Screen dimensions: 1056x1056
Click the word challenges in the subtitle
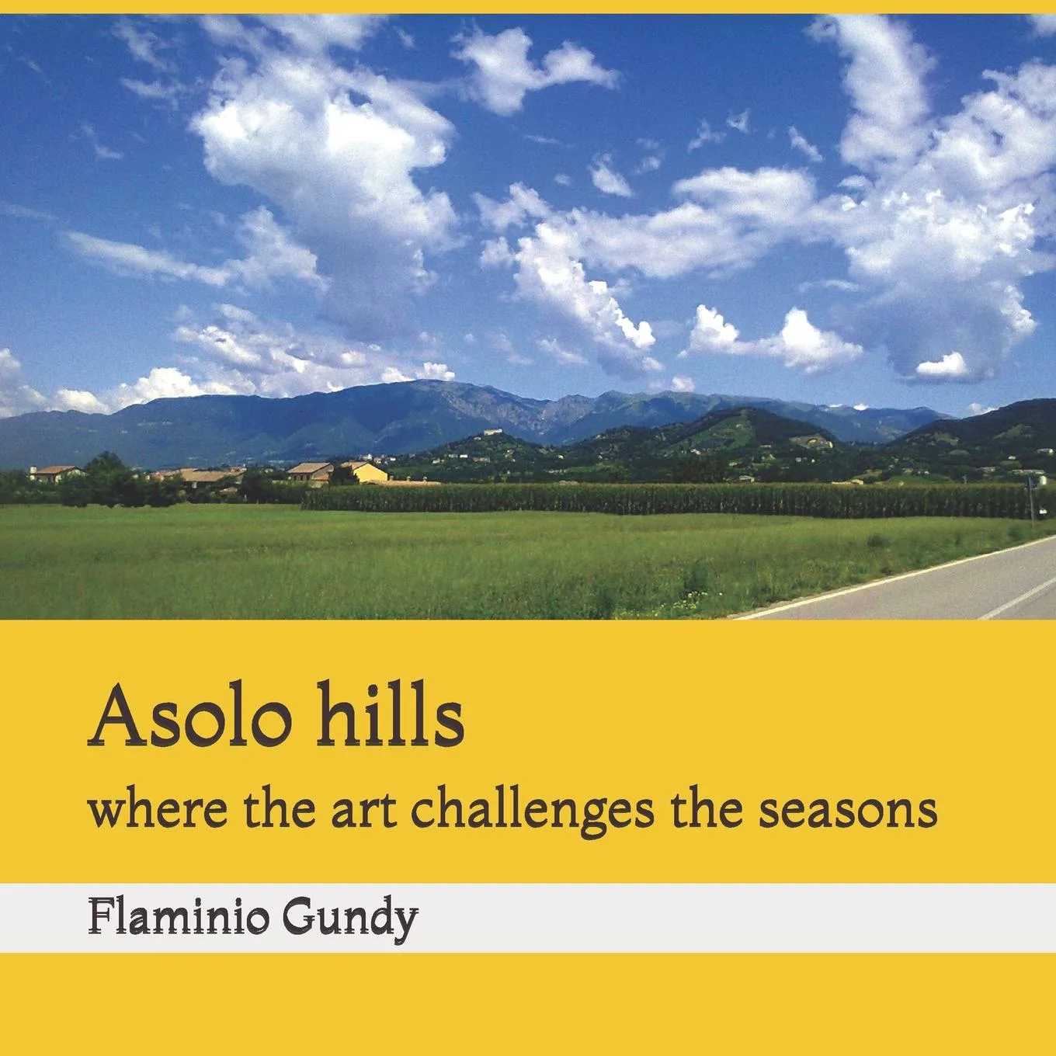point(532,815)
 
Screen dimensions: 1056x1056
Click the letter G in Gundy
point(299,917)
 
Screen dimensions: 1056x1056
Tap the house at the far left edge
point(55,474)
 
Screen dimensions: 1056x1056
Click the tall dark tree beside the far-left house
point(107,479)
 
